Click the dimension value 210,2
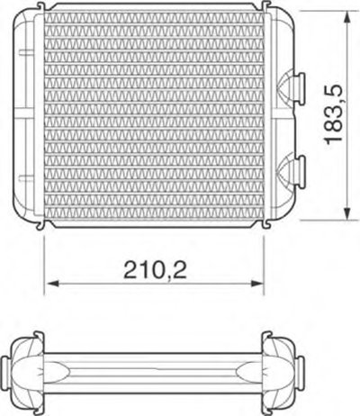click(x=155, y=269)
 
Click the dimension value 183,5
click(x=334, y=113)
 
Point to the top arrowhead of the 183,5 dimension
click(x=347, y=17)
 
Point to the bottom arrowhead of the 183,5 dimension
click(x=347, y=213)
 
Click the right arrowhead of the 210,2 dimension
click(x=256, y=284)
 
